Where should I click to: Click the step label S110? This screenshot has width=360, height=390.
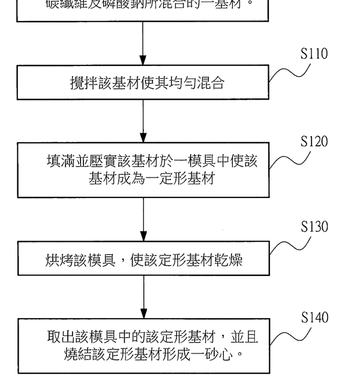[x=314, y=54]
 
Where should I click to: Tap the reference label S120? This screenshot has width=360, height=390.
[x=314, y=142]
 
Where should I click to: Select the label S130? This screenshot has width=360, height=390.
[x=314, y=227]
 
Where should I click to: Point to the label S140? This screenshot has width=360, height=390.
[x=314, y=317]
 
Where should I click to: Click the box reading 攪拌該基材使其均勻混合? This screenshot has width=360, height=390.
[x=143, y=83]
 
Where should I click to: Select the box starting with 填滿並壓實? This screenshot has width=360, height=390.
[x=143, y=170]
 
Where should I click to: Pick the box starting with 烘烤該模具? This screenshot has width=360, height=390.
[x=143, y=259]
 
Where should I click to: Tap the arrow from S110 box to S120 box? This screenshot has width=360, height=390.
[x=143, y=121]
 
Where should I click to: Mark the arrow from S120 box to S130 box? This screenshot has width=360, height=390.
[x=143, y=220]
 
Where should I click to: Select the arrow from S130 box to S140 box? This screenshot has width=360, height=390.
[x=143, y=297]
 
